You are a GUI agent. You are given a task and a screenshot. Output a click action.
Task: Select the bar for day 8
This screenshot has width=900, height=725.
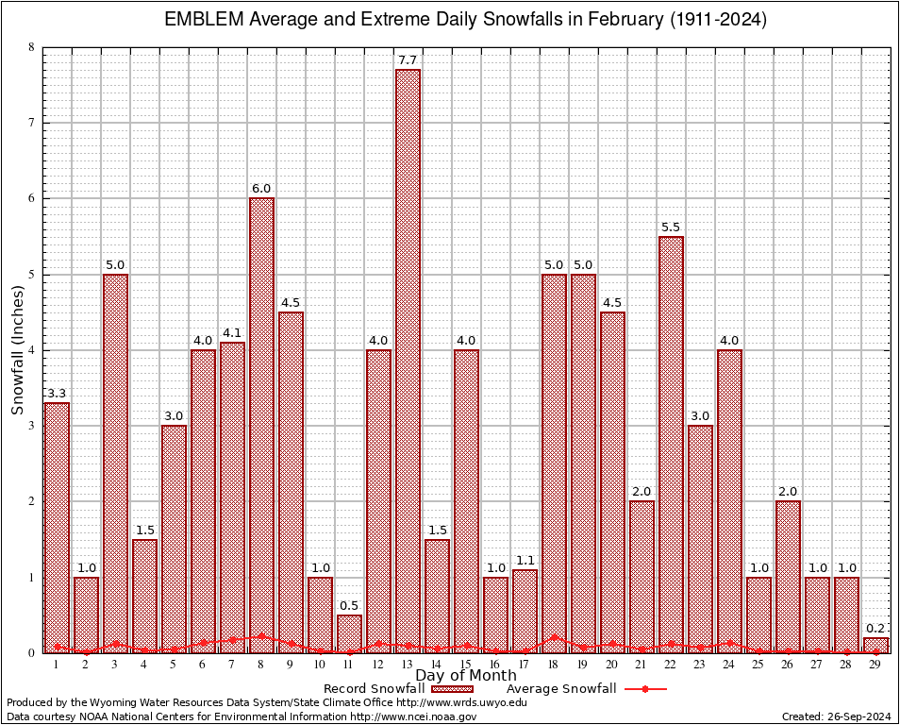261,425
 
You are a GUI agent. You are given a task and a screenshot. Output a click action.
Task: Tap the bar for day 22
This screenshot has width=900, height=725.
671,444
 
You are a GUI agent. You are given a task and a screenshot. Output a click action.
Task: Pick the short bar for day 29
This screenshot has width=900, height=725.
875,645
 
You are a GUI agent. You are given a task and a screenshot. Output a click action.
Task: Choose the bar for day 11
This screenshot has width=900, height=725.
349,633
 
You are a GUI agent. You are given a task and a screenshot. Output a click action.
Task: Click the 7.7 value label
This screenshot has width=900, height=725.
408,60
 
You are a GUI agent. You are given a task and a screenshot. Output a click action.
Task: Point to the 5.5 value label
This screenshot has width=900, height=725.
671,228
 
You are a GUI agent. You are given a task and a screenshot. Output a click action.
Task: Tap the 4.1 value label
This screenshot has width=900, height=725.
232,333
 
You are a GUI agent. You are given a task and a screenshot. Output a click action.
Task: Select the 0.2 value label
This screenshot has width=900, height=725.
875,629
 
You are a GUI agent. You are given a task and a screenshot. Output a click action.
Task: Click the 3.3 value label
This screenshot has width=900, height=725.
57,394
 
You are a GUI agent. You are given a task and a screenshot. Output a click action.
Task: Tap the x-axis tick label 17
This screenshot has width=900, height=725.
525,665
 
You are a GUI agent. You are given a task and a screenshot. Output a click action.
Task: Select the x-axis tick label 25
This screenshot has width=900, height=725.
758,665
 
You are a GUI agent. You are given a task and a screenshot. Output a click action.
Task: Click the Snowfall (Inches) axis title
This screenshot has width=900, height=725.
17,349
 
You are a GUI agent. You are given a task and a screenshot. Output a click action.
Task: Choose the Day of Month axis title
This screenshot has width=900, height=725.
465,676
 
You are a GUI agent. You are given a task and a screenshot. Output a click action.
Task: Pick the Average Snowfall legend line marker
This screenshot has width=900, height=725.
645,689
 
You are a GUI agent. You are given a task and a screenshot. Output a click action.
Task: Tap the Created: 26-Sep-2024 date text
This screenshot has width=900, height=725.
836,717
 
